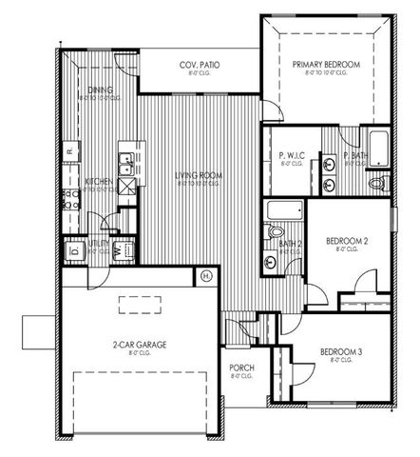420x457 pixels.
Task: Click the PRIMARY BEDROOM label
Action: [326, 64]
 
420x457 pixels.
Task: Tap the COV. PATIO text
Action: [201, 65]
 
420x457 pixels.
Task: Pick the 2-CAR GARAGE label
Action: [132, 345]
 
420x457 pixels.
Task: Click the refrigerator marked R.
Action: [69, 149]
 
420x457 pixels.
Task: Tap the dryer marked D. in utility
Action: [74, 250]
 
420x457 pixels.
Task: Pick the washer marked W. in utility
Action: [122, 251]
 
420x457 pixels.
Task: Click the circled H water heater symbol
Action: [206, 276]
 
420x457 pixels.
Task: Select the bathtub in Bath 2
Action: [283, 210]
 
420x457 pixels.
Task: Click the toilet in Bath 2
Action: [277, 231]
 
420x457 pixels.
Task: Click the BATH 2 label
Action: [290, 244]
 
